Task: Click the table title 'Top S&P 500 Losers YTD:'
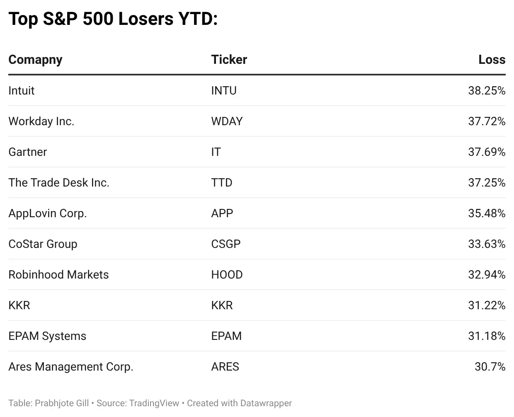(113, 19)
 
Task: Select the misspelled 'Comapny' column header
(35, 60)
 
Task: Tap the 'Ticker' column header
(229, 60)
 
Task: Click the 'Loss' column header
(492, 60)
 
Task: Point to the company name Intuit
(22, 91)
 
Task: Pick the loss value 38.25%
(487, 91)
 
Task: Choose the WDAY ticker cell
(227, 121)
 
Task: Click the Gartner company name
(28, 152)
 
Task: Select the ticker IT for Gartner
(216, 152)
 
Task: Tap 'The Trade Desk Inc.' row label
(59, 183)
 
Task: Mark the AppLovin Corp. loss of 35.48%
(487, 213)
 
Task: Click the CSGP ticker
(225, 244)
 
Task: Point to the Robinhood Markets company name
(58, 275)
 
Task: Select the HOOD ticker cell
(227, 275)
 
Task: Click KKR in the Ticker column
(222, 305)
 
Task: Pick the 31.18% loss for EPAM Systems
(487, 336)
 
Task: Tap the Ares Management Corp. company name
(71, 367)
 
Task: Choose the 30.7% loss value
(490, 367)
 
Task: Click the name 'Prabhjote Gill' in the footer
(62, 403)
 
